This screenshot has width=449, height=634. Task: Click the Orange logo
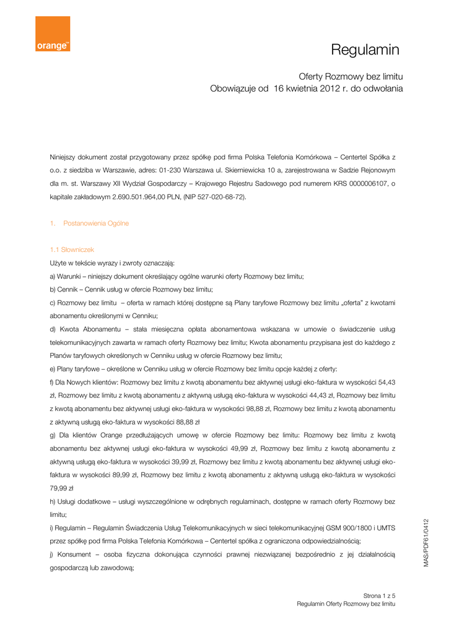click(x=53, y=34)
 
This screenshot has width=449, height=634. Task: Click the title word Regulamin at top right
click(x=365, y=50)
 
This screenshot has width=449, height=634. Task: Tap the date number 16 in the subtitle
click(x=280, y=89)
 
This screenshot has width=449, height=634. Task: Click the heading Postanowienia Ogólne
click(x=96, y=223)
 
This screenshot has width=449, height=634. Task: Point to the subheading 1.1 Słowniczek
click(x=72, y=250)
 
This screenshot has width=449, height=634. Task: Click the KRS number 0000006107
click(x=368, y=183)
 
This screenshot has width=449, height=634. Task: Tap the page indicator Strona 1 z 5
click(x=379, y=596)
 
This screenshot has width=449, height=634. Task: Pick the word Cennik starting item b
click(x=68, y=290)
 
